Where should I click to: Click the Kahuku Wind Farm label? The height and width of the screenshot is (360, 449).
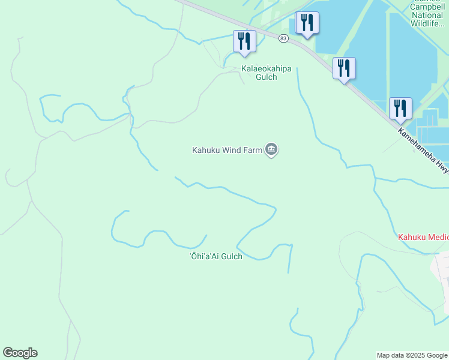click(x=227, y=150)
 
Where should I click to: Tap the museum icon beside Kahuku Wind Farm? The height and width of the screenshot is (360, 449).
click(x=271, y=149)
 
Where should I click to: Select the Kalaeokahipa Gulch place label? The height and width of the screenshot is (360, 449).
click(x=267, y=73)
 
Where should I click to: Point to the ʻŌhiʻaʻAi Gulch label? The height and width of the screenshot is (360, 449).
click(x=216, y=257)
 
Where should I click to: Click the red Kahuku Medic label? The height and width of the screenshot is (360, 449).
click(x=423, y=237)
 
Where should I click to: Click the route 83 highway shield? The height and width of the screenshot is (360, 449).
click(x=283, y=38)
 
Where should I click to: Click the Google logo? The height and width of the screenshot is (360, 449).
click(x=20, y=353)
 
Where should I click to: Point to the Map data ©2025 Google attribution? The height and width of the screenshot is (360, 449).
click(x=412, y=355)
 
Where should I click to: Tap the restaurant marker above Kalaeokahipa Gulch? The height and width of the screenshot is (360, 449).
click(x=244, y=41)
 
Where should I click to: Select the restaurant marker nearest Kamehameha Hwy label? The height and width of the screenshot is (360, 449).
click(x=400, y=109)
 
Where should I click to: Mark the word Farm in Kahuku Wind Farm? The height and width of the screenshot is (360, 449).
click(x=255, y=150)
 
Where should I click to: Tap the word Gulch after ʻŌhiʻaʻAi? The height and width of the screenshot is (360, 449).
click(x=230, y=257)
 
